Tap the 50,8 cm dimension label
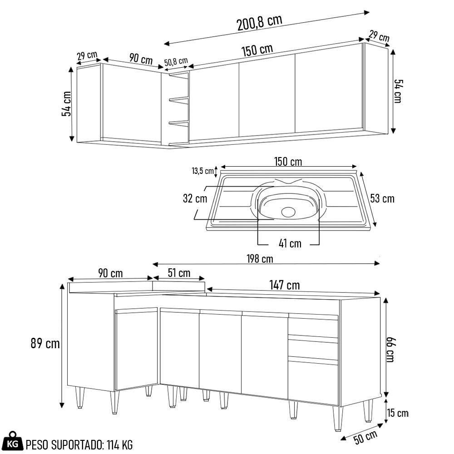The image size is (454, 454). pyautogui.click(x=176, y=62)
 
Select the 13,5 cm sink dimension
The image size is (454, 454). pyautogui.click(x=202, y=171)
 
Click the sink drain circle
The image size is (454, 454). pyautogui.click(x=288, y=211)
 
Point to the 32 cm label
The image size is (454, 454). pyautogui.click(x=195, y=199)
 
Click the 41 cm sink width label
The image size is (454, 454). pyautogui.click(x=290, y=244)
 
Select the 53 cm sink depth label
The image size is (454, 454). pyautogui.click(x=382, y=198)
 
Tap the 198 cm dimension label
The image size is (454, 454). pyautogui.click(x=260, y=259)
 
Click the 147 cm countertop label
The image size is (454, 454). pyautogui.click(x=284, y=285)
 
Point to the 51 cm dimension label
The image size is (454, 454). pyautogui.click(x=179, y=273)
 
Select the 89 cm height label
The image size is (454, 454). pyautogui.click(x=45, y=344)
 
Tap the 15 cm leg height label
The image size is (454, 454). pyautogui.click(x=398, y=414)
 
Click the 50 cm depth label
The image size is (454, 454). pyautogui.click(x=366, y=437)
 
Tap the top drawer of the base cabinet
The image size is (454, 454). pyautogui.click(x=313, y=327)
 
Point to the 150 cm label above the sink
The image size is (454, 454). pyautogui.click(x=288, y=162)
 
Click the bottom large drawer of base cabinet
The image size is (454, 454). pyautogui.click(x=313, y=381)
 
